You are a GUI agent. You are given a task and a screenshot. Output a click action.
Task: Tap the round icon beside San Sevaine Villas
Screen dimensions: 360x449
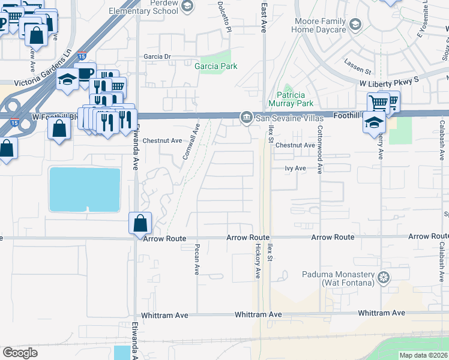(246, 117)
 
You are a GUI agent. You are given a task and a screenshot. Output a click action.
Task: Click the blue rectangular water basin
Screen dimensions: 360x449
(85, 189)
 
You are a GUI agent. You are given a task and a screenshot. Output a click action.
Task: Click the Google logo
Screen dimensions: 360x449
(20, 353)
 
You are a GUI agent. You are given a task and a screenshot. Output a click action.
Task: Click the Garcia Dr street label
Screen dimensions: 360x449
(157, 56)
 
